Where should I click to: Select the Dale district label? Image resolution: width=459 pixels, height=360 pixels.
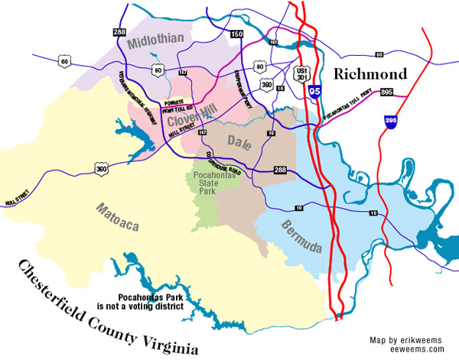[242, 141]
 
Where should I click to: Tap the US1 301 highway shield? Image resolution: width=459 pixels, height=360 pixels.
[301, 73]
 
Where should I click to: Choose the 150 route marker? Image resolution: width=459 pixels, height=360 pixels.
[236, 35]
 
